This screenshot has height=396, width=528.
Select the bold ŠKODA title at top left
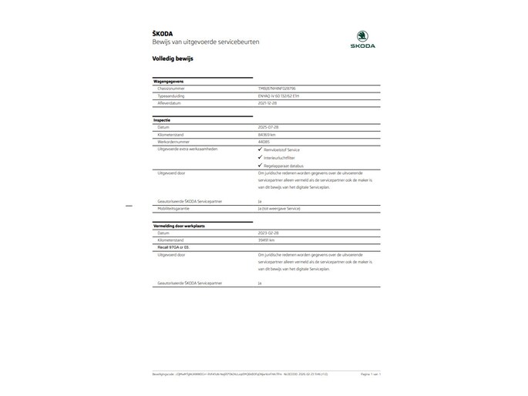164,32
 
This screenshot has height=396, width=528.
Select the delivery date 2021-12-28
267,102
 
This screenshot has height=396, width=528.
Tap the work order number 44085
264,141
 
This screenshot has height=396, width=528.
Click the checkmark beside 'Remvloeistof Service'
260,148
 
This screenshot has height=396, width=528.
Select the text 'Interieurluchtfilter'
281,156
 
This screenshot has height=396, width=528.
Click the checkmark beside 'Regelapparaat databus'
260,165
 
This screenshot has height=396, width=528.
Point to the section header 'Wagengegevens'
169,81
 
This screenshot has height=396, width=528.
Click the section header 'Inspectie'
162,120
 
